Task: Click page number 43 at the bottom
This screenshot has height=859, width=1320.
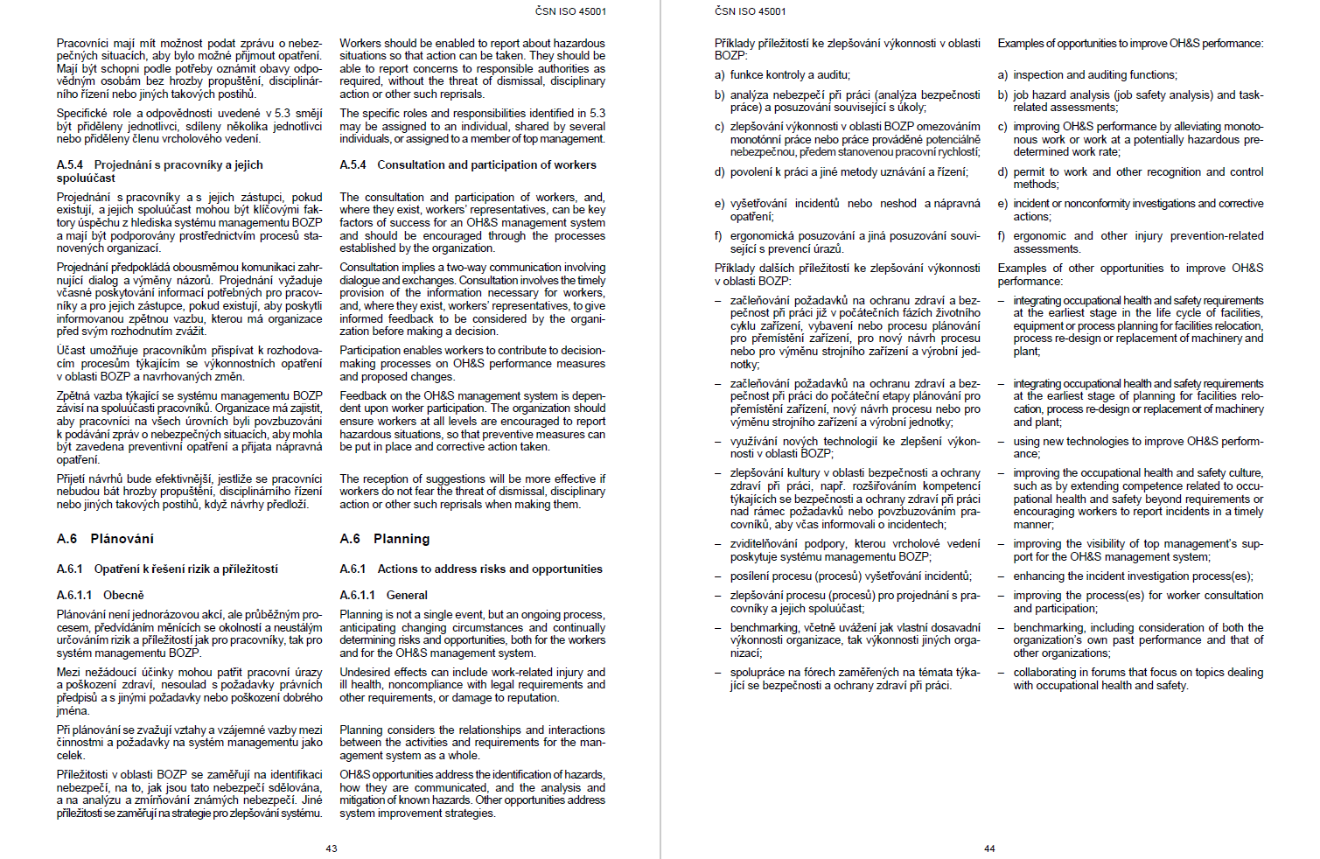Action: [x=332, y=849]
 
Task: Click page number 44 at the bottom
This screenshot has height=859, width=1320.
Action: [x=989, y=849]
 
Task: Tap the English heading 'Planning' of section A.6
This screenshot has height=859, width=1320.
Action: [x=402, y=539]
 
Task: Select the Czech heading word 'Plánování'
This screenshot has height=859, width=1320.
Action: [x=122, y=539]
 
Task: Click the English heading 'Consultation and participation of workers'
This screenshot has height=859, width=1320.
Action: [x=486, y=164]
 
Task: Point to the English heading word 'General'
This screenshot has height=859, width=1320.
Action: [x=407, y=595]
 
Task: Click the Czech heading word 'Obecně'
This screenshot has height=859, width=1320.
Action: [x=123, y=595]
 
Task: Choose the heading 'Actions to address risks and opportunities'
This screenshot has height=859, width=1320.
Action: [x=490, y=569]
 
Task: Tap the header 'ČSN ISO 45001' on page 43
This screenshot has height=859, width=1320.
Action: [x=570, y=11]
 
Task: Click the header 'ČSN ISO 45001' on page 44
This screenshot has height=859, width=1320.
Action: [x=751, y=11]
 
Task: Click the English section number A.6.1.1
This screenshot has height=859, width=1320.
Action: [x=357, y=595]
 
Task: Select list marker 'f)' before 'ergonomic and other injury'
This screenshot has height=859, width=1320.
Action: [x=1002, y=236]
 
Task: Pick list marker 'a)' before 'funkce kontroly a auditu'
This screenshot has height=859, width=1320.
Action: [x=719, y=75]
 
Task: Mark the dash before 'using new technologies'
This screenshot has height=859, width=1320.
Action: [x=1001, y=442]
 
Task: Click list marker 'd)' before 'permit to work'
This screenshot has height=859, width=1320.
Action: [x=1002, y=172]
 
